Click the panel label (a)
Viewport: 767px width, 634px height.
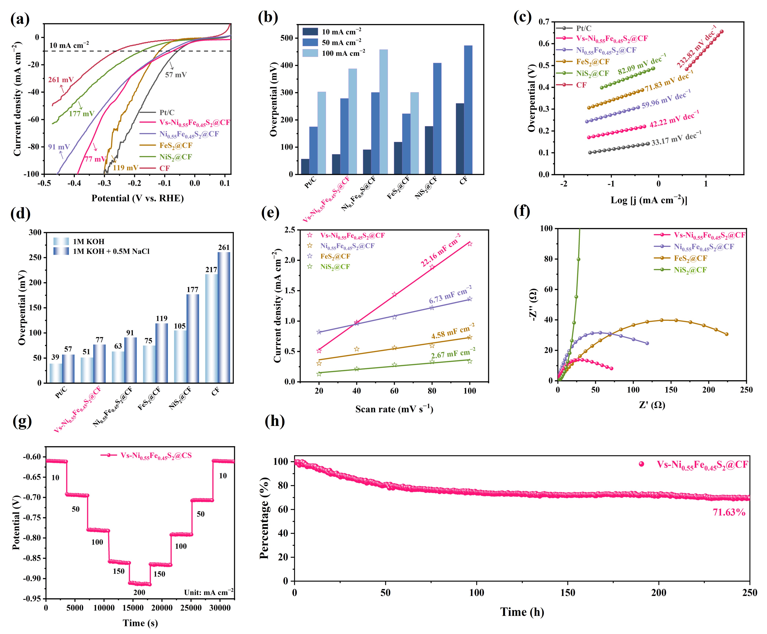[x=20, y=19]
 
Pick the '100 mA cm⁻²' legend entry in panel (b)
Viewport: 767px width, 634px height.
[x=332, y=53]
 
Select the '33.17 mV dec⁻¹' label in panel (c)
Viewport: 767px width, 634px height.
[x=676, y=138]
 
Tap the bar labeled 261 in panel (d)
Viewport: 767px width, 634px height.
[x=224, y=317]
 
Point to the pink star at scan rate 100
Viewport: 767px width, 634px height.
[x=470, y=244]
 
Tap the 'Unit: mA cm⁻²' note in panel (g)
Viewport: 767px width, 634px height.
[x=208, y=592]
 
